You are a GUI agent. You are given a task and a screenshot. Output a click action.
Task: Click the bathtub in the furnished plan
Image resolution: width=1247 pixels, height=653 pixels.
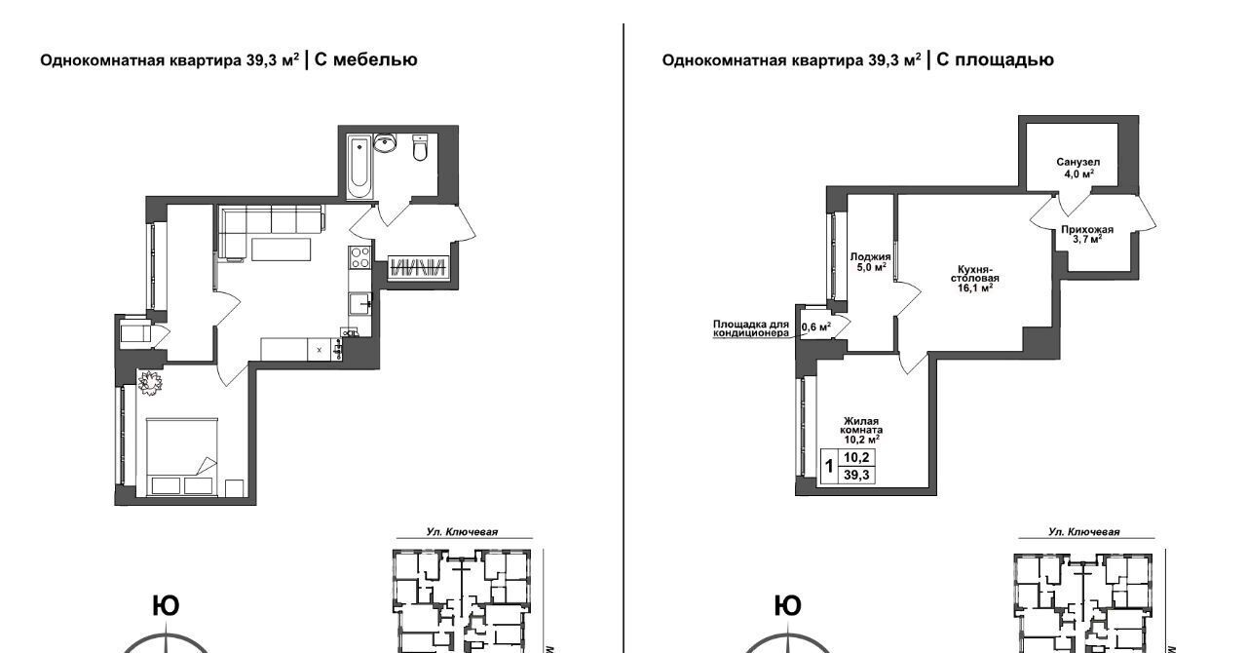click(359, 166)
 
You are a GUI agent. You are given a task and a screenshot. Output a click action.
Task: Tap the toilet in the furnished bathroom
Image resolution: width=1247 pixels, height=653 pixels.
click(420, 147)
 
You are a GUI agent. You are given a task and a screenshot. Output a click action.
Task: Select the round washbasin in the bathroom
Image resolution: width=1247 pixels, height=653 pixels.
click(385, 142)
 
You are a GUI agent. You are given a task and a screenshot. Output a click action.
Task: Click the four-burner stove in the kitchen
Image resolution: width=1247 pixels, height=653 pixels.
click(359, 258)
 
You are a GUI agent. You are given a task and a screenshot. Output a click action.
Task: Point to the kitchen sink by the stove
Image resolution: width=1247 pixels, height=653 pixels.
click(359, 304)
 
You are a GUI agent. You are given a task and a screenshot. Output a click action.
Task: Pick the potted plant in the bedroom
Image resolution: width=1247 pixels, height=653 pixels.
click(150, 383)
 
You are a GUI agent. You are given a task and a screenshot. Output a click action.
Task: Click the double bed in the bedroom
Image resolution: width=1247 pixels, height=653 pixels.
click(182, 457)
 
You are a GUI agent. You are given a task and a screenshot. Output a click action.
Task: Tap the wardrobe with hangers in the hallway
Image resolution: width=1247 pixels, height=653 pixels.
click(419, 267)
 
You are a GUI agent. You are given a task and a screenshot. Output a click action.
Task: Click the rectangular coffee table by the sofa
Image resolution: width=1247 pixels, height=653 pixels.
click(282, 250)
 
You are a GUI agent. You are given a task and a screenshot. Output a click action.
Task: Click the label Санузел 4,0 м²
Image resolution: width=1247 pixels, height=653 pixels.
click(1077, 168)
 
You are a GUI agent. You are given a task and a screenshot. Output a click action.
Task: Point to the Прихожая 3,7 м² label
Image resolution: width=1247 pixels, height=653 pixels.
click(1086, 234)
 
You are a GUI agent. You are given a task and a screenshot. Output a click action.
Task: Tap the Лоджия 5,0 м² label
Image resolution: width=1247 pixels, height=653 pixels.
click(870, 262)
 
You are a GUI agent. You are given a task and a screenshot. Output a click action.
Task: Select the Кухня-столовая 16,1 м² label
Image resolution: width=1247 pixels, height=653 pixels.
click(974, 278)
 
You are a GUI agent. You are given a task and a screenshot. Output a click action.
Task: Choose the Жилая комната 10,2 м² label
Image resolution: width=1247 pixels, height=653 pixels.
click(860, 430)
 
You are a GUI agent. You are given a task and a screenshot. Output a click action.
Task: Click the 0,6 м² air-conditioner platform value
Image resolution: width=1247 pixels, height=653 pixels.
click(816, 326)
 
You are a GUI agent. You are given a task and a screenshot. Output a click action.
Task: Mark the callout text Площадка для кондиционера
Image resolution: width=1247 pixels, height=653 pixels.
click(751, 328)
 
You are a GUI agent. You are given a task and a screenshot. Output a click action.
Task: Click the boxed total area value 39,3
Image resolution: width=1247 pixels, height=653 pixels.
click(856, 476)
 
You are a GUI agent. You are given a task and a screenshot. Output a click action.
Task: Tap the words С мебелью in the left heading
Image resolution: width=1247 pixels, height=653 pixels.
click(365, 59)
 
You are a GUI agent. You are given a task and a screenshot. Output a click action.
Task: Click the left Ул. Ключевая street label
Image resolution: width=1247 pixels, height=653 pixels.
click(462, 531)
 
